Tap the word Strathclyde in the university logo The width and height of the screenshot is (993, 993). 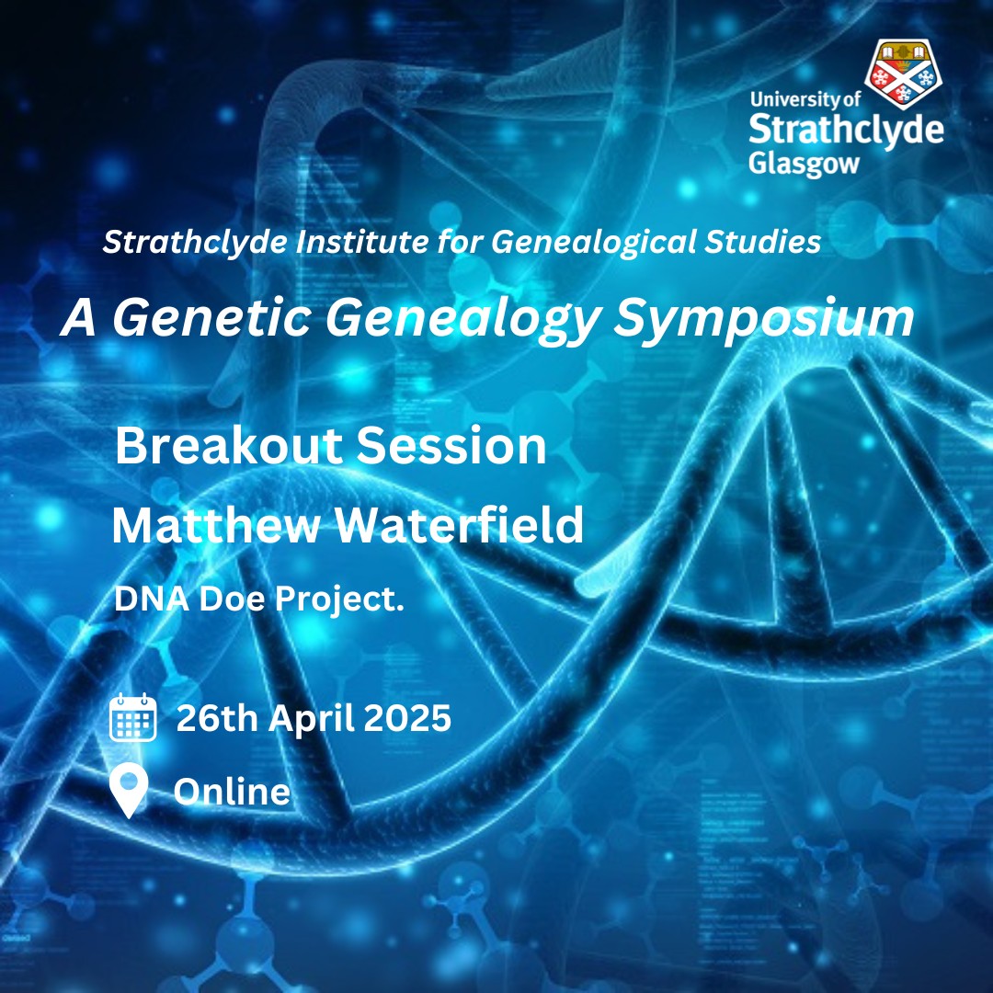coord(846,131)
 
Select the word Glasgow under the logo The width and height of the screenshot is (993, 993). coord(804,164)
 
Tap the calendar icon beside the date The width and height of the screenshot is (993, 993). coord(133,717)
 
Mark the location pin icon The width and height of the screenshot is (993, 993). coord(129,791)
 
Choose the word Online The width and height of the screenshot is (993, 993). coord(232,792)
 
